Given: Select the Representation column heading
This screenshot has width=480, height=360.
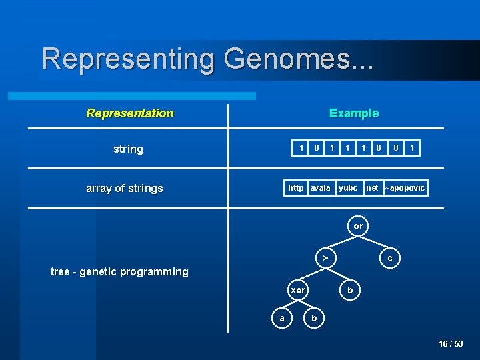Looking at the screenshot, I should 130,113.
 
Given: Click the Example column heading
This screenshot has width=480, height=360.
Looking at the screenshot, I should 354,113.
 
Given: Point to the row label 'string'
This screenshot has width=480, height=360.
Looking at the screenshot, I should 128,149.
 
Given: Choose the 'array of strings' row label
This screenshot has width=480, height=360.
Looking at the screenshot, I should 125,189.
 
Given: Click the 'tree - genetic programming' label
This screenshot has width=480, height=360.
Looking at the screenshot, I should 119,271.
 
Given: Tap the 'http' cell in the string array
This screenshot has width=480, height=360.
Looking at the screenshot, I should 296,188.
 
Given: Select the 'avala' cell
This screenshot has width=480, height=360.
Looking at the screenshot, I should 321,188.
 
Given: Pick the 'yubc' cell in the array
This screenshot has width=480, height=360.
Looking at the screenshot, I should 348,188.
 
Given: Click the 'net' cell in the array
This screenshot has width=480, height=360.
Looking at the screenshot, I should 372,188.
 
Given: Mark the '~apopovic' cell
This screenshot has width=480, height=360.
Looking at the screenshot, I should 405,188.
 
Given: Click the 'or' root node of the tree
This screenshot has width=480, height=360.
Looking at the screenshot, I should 359,227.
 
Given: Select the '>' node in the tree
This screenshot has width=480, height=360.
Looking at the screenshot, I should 325,257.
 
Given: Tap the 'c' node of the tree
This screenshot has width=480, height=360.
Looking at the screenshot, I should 390,257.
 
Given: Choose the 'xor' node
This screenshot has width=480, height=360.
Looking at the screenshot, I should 297,290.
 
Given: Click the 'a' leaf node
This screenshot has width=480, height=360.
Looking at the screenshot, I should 282,319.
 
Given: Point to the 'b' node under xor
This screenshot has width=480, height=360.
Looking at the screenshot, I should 314,319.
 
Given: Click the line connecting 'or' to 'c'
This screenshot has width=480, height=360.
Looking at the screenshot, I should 375,242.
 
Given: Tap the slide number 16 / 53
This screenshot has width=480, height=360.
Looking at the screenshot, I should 451,344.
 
